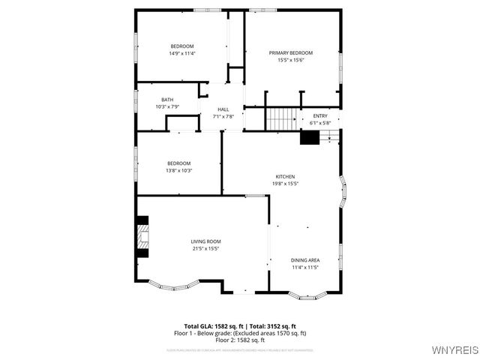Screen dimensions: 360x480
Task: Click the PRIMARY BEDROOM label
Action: [291, 52]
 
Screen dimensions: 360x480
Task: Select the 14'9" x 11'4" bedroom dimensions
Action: [181, 53]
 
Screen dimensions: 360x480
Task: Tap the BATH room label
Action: [168, 100]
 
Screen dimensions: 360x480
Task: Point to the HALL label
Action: [223, 109]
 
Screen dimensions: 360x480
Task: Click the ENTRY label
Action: [320, 115]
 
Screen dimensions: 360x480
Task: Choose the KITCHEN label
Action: [284, 176]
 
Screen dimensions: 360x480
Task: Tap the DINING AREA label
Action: [305, 260]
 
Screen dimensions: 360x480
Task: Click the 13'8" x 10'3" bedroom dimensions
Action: [178, 170]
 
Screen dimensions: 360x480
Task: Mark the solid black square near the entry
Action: [309, 137]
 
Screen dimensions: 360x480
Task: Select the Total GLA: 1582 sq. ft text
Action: [208, 326]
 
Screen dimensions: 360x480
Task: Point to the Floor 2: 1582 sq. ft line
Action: [240, 340]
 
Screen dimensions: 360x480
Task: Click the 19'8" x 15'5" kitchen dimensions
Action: [284, 183]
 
